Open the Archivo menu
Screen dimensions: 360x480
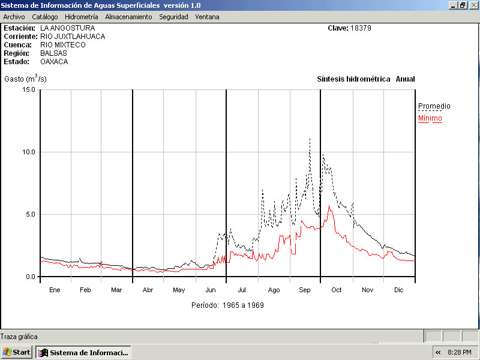click(14, 17)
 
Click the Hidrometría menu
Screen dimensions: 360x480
click(81, 17)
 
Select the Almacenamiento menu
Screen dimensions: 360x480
click(128, 17)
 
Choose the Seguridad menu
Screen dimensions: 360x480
click(173, 17)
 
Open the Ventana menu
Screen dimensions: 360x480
click(207, 17)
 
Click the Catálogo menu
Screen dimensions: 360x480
click(45, 17)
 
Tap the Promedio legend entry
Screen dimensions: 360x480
click(434, 106)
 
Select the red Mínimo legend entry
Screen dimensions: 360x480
click(430, 118)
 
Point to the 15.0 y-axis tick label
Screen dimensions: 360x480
click(28, 89)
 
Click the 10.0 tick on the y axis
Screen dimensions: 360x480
click(28, 152)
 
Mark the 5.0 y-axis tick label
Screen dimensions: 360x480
click(30, 214)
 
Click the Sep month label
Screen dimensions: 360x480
click(305, 290)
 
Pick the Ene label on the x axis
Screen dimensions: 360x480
click(55, 290)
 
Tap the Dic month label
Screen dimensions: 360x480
click(399, 290)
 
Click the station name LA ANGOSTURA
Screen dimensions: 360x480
click(68, 28)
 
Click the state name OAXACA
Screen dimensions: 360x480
click(54, 62)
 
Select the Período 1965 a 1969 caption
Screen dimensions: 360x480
click(227, 305)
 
